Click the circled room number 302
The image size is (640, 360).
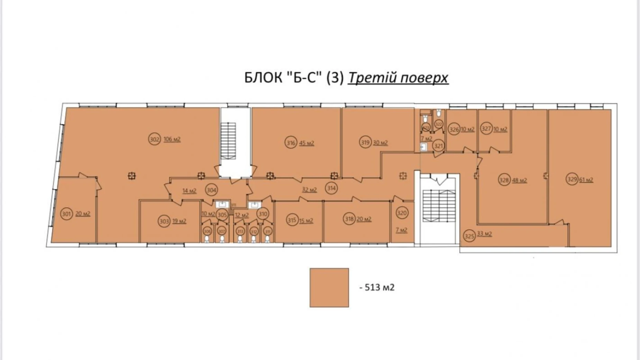[155, 139]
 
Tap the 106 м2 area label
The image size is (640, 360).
[172, 139]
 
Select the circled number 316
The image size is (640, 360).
[291, 143]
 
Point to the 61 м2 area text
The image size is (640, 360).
[586, 180]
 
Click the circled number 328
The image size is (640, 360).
[504, 180]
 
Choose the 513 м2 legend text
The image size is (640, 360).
[377, 287]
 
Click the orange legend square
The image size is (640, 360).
[329, 287]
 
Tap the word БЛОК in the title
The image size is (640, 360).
[263, 78]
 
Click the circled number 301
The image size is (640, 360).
[66, 214]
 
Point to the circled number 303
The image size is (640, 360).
[164, 221]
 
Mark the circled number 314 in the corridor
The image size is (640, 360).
[331, 188]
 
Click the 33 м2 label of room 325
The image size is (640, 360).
[484, 234]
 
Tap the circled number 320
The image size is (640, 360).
[402, 213]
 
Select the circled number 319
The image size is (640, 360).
[365, 142]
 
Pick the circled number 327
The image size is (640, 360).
[486, 129]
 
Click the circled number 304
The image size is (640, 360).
[211, 190]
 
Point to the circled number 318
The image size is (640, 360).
[349, 219]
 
